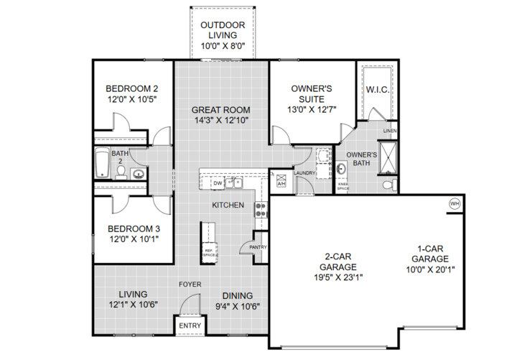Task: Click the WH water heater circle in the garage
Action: click(x=454, y=203)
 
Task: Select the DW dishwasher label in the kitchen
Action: click(x=218, y=183)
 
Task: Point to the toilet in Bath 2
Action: click(x=121, y=172)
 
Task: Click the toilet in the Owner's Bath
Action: click(x=388, y=185)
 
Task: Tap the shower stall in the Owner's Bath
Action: click(x=388, y=158)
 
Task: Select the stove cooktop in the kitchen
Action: click(x=261, y=208)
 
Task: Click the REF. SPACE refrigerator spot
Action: click(x=209, y=252)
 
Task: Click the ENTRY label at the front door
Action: click(x=190, y=326)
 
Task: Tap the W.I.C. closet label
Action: click(x=378, y=90)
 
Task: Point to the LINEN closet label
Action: click(x=389, y=131)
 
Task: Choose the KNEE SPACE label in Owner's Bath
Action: click(x=343, y=185)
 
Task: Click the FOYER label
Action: click(x=190, y=284)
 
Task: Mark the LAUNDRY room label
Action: click(x=305, y=172)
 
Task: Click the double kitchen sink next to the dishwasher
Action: click(x=234, y=183)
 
